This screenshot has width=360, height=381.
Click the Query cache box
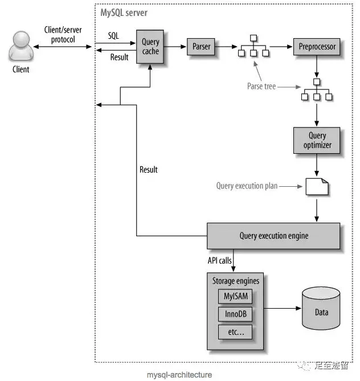coord(150,47)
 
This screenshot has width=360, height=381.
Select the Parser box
coord(201,47)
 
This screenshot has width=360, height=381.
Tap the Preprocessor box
coord(317,47)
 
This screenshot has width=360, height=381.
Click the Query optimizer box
coord(317,141)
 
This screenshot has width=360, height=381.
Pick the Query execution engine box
coord(273,235)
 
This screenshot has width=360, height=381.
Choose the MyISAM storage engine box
coord(235,296)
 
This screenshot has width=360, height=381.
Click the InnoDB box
coord(235,314)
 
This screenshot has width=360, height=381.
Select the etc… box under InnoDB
coord(235,331)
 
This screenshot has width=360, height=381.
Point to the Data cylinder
coord(321,311)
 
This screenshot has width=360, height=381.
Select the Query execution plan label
coord(247,186)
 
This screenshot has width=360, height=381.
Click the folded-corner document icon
coord(317,186)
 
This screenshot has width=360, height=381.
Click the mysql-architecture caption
coord(179,375)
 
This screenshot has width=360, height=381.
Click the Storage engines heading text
coord(235,281)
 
